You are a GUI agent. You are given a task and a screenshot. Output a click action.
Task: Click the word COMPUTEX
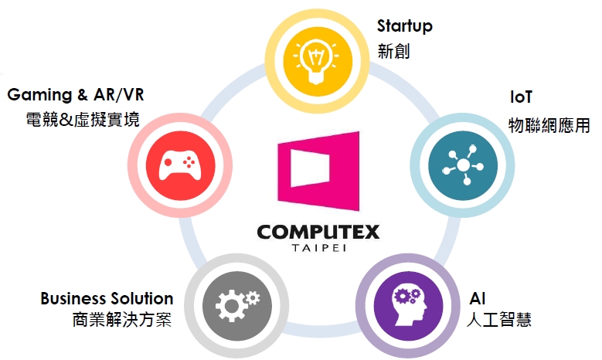(x=317, y=233)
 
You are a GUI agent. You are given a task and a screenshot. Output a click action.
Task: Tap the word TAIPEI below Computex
(x=317, y=250)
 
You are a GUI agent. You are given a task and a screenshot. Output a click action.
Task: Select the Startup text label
(x=405, y=26)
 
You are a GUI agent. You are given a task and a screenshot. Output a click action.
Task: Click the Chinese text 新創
(x=393, y=52)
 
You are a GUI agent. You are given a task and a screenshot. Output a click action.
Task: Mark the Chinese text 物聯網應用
(x=549, y=124)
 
